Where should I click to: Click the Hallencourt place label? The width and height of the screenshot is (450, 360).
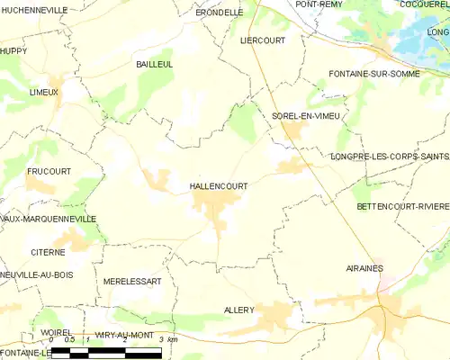[219, 185]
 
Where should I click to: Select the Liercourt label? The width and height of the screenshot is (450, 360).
[262, 40]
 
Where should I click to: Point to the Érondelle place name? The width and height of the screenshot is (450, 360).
[220, 13]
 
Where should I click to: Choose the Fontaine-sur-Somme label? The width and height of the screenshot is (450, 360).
[374, 73]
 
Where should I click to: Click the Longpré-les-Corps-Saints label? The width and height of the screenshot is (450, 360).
[390, 156]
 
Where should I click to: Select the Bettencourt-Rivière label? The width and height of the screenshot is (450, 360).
[402, 206]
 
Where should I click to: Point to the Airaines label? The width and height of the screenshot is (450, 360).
[364, 268]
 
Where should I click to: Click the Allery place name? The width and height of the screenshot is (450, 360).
[238, 310]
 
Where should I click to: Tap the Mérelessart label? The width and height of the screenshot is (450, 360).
[132, 281]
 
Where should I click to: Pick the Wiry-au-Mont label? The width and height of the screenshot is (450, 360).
[123, 335]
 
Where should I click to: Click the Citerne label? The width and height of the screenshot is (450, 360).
[48, 253]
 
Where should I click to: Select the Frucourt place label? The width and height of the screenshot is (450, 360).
[49, 170]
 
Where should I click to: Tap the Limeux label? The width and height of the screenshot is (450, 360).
[43, 92]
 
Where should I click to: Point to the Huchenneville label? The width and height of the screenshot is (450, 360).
[34, 9]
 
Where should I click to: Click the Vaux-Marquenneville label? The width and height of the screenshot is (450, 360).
[48, 219]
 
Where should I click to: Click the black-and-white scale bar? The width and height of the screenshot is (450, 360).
[106, 352]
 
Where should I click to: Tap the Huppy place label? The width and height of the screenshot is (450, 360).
[13, 51]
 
